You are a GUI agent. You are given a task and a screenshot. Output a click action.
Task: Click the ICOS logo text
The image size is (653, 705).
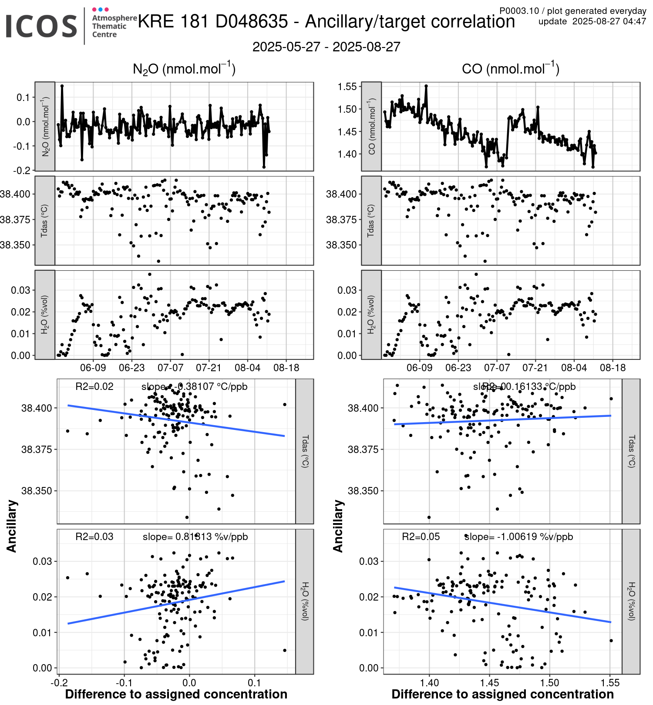41,26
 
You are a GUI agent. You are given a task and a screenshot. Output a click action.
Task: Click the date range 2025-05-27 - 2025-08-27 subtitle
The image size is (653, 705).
326,47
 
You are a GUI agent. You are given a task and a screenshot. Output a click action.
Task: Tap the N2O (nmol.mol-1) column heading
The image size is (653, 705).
184,69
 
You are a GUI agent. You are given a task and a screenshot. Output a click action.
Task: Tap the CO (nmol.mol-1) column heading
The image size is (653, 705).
510,69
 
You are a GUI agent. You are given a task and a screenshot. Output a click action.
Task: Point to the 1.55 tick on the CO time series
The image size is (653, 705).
347,87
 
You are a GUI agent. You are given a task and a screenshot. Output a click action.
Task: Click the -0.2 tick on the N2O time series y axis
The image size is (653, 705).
22,171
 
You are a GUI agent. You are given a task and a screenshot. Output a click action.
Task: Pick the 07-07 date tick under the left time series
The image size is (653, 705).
170,368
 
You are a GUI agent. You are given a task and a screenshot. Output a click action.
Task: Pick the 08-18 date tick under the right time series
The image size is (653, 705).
613,368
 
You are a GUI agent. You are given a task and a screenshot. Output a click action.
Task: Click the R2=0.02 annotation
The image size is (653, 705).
94,386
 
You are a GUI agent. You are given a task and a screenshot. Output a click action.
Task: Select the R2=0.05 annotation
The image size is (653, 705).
421,537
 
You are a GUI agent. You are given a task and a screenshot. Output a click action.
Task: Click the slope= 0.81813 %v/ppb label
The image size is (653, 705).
195,537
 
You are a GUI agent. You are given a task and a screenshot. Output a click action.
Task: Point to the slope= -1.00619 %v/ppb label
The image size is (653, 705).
518,537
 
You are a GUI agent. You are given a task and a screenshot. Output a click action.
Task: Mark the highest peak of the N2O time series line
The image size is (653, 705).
62,86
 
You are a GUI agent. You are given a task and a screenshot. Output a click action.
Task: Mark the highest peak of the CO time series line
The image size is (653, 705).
426,86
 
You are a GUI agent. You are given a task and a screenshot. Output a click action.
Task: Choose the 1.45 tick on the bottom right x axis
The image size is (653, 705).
490,682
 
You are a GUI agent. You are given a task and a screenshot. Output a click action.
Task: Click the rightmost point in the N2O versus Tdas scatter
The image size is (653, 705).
285,404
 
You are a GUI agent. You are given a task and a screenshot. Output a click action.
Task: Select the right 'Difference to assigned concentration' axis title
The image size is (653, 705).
502,694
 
